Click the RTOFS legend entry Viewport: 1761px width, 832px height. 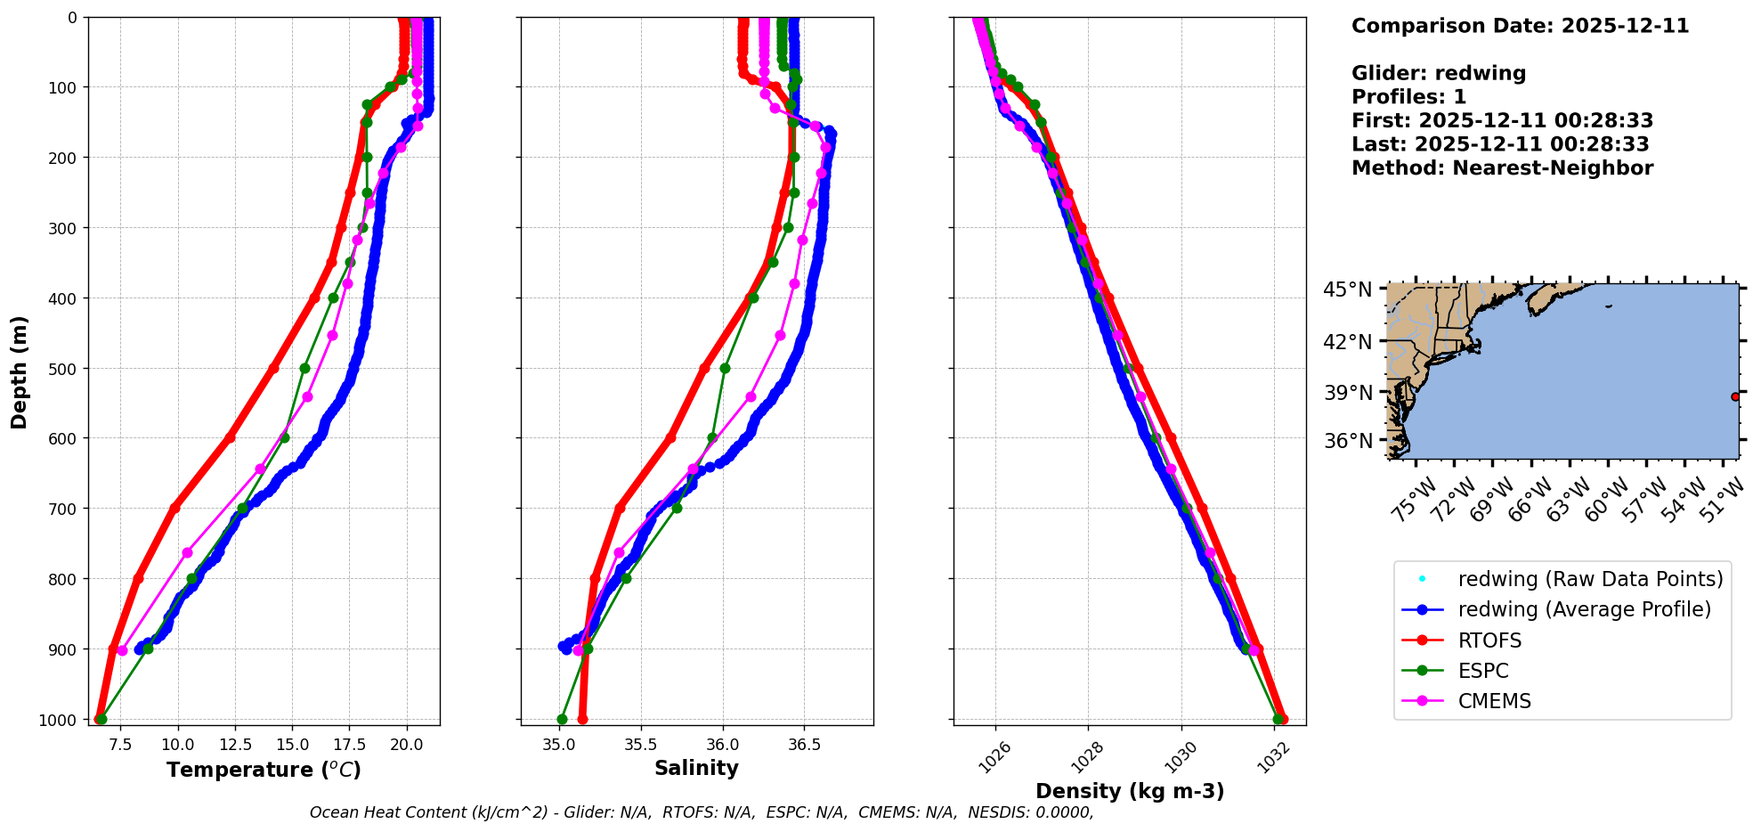(x=1489, y=640)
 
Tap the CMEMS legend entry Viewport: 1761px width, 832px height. (x=1494, y=701)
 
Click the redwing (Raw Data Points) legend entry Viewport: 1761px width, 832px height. (x=1590, y=579)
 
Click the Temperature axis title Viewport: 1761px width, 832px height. (x=264, y=770)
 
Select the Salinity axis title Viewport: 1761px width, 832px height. (x=696, y=768)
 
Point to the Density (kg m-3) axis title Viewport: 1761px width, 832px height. (x=1130, y=791)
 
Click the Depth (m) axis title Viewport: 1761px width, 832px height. (x=20, y=371)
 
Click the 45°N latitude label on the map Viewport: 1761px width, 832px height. (x=1347, y=290)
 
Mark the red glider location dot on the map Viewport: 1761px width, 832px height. (x=1735, y=396)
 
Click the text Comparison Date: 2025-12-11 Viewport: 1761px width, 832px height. (x=1520, y=26)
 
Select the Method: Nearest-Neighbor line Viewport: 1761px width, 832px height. (x=1502, y=167)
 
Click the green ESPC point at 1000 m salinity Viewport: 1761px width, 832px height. (x=562, y=719)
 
